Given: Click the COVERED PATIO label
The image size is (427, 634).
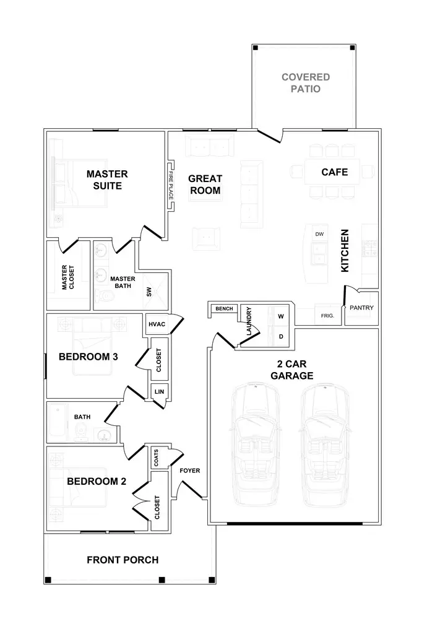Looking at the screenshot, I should [x=305, y=83].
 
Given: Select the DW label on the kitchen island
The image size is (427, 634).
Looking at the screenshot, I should [x=319, y=234].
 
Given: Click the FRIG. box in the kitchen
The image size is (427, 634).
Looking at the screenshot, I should [x=328, y=315].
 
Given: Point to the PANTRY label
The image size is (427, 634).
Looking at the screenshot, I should [x=361, y=307].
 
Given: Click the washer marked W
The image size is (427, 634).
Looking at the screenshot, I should [x=280, y=316].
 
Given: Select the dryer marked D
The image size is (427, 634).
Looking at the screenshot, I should [x=280, y=337].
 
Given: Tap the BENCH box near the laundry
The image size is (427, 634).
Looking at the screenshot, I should [x=223, y=308].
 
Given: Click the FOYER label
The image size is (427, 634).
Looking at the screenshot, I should [x=189, y=471].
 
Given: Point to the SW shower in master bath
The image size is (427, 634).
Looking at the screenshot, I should [x=149, y=292].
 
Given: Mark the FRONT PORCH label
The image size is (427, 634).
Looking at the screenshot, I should [x=123, y=560].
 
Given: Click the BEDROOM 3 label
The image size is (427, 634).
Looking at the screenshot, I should [x=88, y=357].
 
